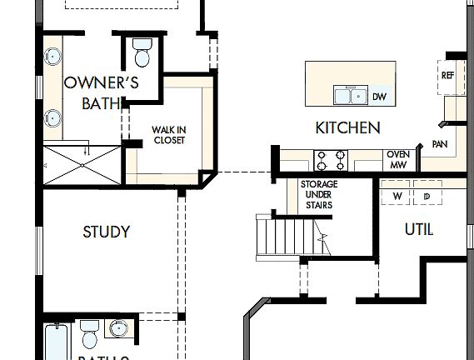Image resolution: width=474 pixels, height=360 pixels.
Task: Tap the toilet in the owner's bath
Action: pyautogui.click(x=140, y=54)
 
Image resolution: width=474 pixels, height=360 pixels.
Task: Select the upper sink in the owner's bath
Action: pyautogui.click(x=53, y=57)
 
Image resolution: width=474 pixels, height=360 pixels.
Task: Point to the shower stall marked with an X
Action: pyautogui.click(x=82, y=165)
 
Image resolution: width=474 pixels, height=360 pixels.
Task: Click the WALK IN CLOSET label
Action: pyautogui.click(x=168, y=134)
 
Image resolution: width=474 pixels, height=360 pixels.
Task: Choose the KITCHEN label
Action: pyautogui.click(x=347, y=127)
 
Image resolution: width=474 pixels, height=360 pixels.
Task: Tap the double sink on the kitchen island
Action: pyautogui.click(x=351, y=96)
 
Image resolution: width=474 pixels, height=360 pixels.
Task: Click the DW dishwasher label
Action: pyautogui.click(x=379, y=97)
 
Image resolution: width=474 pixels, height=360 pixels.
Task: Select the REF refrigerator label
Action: pyautogui.click(x=447, y=76)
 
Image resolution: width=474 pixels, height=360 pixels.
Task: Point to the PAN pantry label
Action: pyautogui.click(x=440, y=144)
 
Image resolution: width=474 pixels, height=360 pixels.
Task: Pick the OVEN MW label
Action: pyautogui.click(x=397, y=160)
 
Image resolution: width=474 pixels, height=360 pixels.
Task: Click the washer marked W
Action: pyautogui.click(x=397, y=197)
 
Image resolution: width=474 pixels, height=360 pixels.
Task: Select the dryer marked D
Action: pyautogui.click(x=427, y=197)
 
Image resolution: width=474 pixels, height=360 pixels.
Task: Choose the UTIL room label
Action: pyautogui.click(x=418, y=229)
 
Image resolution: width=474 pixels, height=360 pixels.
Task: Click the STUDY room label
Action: pyautogui.click(x=106, y=232)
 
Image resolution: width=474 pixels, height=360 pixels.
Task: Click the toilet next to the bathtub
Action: pyautogui.click(x=90, y=337)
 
